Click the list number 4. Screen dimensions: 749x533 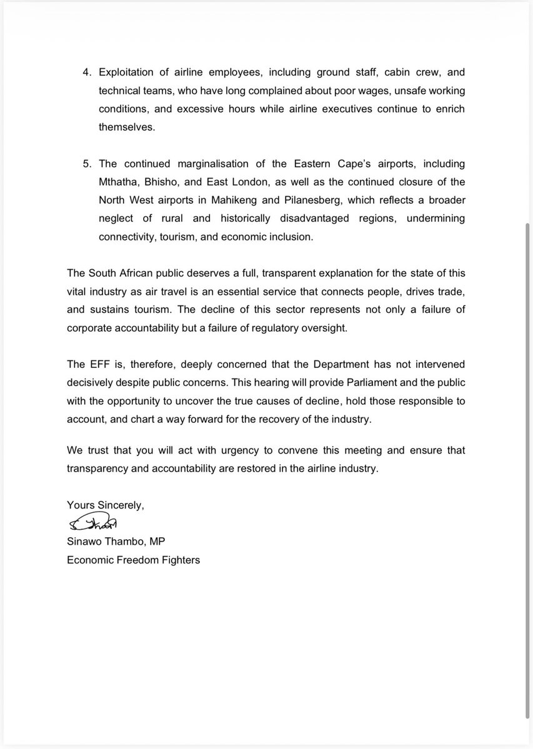(x=87, y=73)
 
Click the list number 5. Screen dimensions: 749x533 (x=87, y=164)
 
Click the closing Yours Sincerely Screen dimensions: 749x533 (x=106, y=505)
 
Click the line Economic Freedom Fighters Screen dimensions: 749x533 (x=133, y=560)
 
